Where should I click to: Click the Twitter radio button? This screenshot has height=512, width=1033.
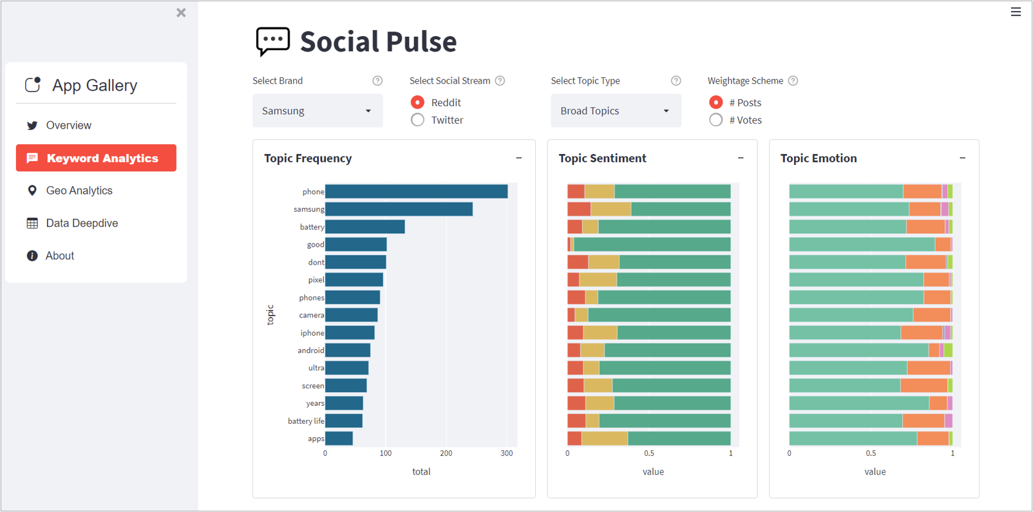tap(418, 120)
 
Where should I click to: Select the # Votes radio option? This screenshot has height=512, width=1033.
tap(716, 120)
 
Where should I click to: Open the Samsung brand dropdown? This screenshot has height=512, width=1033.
tap(317, 111)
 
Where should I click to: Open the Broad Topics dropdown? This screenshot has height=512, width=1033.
tap(616, 111)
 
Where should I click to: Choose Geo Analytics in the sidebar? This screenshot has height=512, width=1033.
tap(79, 191)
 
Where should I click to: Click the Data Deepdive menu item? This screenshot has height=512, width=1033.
tap(81, 223)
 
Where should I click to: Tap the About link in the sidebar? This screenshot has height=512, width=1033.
tap(59, 256)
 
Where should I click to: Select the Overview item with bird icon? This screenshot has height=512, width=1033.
tap(68, 126)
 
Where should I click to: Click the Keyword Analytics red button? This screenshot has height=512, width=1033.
tap(96, 158)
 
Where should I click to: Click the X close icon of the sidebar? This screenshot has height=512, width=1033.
tap(181, 13)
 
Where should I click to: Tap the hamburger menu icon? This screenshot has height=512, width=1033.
tap(1016, 12)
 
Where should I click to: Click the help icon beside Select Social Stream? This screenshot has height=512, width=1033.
tap(500, 81)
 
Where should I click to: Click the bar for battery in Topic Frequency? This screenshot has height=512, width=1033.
tap(365, 227)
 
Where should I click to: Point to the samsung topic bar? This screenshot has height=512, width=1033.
tap(399, 209)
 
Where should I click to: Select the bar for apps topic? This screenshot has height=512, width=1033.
tap(339, 439)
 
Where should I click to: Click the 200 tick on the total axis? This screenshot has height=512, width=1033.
tap(446, 453)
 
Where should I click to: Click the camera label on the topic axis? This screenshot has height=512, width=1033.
tap(311, 316)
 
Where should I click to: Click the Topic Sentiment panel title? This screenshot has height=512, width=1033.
tap(602, 158)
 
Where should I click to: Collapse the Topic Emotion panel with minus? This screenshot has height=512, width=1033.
tap(962, 158)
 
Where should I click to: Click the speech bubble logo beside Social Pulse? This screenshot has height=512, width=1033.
tap(272, 41)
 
